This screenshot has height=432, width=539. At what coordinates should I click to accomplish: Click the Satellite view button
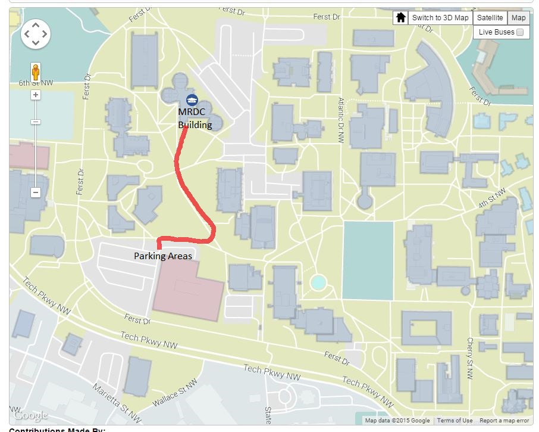(x=490, y=18)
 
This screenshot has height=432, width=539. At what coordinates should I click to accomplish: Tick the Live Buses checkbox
(x=520, y=32)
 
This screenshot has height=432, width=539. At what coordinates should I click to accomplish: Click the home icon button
(x=401, y=18)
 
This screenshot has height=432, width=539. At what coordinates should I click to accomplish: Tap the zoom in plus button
(x=36, y=95)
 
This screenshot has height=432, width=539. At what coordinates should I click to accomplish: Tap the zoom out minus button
(x=36, y=192)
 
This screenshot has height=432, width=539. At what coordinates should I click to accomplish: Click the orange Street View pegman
(x=36, y=72)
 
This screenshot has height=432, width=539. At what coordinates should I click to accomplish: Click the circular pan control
(x=36, y=34)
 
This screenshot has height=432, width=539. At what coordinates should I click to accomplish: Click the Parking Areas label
(x=163, y=256)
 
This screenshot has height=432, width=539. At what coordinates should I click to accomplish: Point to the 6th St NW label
(x=36, y=83)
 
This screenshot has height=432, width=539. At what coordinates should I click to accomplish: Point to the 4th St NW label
(x=491, y=198)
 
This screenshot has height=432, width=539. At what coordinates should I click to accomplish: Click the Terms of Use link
(x=455, y=421)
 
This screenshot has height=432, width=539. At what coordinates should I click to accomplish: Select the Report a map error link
(x=504, y=421)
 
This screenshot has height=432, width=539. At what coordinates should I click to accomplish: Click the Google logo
(x=30, y=415)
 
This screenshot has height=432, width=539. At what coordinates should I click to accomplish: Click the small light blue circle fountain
(x=318, y=281)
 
